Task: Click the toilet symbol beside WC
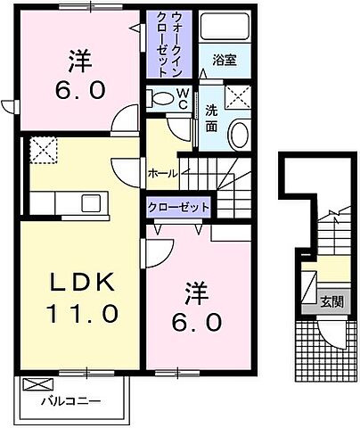[162, 98]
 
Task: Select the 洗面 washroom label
[211, 119]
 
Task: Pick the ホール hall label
[162, 173]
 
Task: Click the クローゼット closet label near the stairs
[180, 207]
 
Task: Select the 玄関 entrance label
[332, 300]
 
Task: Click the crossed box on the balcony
[38, 385]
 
